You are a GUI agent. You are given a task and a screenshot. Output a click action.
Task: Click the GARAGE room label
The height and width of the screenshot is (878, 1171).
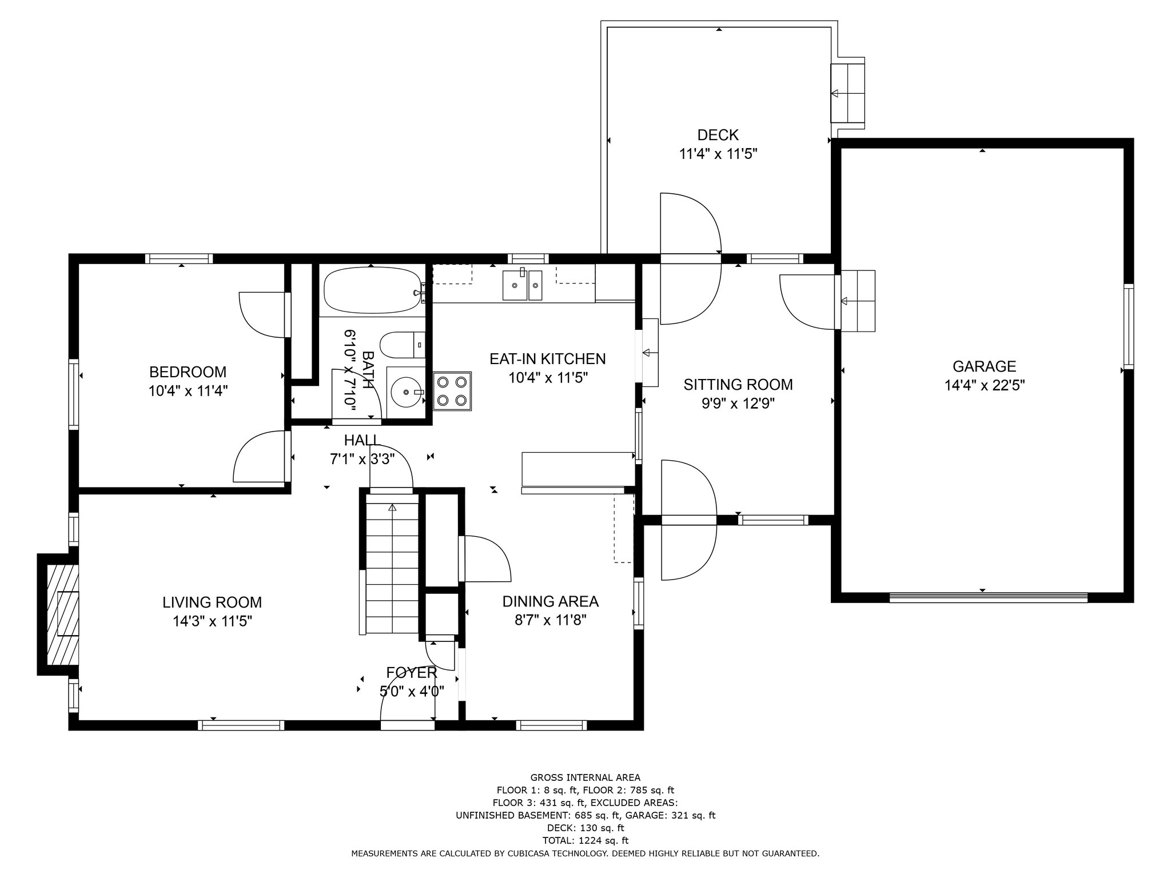click(984, 366)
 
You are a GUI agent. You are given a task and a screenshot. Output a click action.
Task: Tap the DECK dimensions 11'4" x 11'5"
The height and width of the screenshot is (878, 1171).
click(718, 154)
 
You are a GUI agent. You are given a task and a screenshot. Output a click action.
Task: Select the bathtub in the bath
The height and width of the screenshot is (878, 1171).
click(373, 292)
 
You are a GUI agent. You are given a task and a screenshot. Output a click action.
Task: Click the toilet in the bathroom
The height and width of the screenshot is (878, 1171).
click(403, 345)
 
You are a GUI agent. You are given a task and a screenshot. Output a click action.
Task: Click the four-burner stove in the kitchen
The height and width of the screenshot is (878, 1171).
click(452, 392)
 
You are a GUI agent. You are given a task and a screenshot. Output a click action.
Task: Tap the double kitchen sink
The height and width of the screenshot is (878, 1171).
click(523, 285)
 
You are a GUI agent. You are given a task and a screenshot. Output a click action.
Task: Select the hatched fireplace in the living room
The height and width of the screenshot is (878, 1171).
click(62, 615)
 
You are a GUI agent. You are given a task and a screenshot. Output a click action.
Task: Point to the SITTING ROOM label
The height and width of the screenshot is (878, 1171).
click(738, 385)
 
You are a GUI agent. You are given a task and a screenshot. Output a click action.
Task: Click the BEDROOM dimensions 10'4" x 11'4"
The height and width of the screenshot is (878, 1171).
click(188, 391)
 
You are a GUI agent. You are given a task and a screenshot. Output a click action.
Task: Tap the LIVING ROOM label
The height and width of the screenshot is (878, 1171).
click(212, 602)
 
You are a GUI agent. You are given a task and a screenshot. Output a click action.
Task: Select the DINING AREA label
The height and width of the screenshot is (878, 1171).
click(550, 601)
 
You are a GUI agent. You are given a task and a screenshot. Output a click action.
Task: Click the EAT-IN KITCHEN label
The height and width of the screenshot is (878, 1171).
click(547, 359)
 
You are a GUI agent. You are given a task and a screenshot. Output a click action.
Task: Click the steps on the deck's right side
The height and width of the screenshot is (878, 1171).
click(847, 93)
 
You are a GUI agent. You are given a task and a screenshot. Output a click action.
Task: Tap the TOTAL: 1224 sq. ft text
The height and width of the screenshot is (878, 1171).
click(585, 840)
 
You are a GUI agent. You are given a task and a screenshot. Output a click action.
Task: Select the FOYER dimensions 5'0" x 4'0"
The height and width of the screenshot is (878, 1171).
click(412, 691)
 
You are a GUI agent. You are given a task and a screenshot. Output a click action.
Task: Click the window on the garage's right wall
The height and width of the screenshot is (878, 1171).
click(1128, 327)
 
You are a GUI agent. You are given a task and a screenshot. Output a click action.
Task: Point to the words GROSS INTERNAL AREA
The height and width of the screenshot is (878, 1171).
click(585, 777)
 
